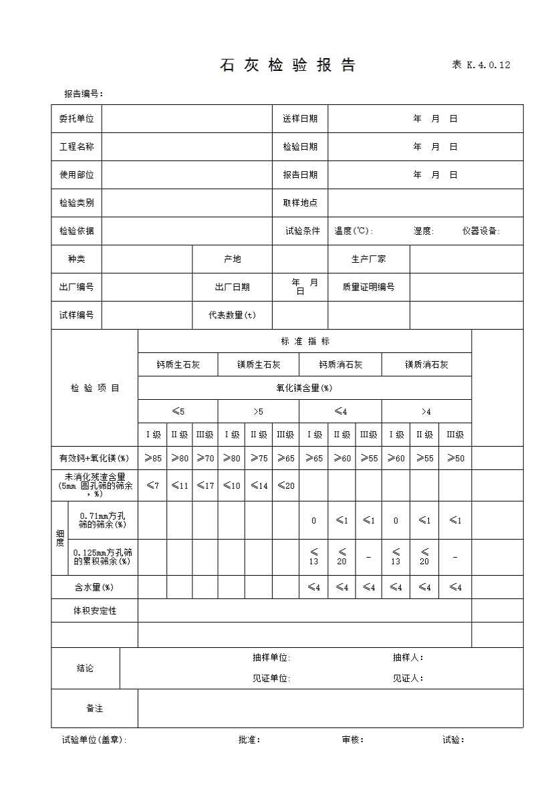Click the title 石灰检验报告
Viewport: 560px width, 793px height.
287,65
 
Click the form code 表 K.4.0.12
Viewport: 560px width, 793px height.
481,65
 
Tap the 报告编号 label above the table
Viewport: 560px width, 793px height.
84,94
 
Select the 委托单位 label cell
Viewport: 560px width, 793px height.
76,118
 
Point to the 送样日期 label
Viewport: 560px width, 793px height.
300,118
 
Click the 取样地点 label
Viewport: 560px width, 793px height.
300,203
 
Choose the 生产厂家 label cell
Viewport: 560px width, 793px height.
368,259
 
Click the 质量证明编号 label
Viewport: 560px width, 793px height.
368,287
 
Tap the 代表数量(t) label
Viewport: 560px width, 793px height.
232,315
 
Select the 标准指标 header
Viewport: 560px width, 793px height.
305,341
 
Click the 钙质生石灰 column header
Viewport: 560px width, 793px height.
178,364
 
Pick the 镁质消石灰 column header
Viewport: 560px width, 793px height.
426,364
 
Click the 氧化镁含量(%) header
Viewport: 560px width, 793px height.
305,388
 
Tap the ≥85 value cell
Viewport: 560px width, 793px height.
152,458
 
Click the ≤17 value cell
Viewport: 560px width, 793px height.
205,485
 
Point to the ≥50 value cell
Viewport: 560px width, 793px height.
455,458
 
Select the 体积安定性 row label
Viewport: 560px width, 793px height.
95,610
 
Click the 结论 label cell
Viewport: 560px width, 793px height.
86,668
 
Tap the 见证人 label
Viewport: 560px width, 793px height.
408,678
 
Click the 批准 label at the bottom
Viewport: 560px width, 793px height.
249,740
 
